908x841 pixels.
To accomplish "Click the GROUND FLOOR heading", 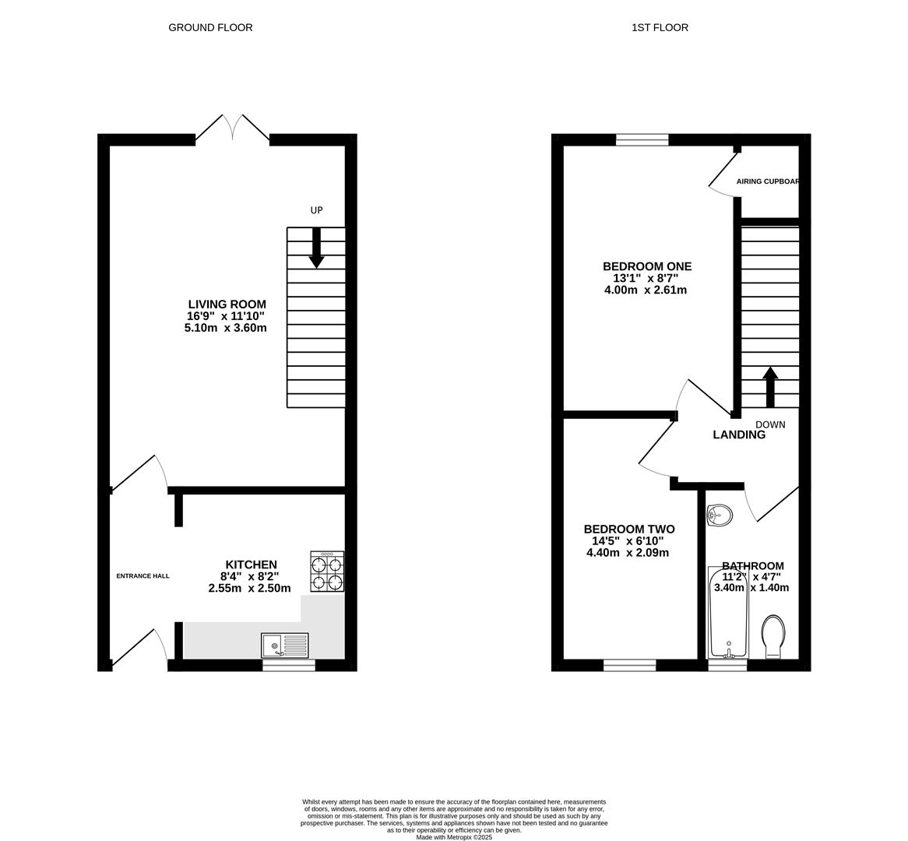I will pyautogui.click(x=210, y=27).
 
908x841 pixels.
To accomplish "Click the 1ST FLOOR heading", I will pyautogui.click(x=660, y=27).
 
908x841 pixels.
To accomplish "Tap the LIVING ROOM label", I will pyautogui.click(x=227, y=304).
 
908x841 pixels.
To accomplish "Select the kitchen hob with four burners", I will pyautogui.click(x=327, y=572).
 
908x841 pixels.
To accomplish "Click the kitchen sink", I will pyautogui.click(x=285, y=646).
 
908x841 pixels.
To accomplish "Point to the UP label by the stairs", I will pyautogui.click(x=316, y=210).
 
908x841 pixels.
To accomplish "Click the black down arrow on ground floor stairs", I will pyautogui.click(x=316, y=248).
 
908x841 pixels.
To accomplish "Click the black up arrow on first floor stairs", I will pyautogui.click(x=770, y=387).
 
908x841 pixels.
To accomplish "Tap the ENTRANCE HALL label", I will pyautogui.click(x=143, y=576).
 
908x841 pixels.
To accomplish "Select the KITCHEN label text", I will pyautogui.click(x=251, y=565).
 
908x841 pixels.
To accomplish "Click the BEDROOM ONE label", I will pyautogui.click(x=646, y=266).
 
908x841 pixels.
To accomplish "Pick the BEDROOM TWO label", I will pyautogui.click(x=629, y=530).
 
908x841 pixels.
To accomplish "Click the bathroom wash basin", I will pyautogui.click(x=720, y=515).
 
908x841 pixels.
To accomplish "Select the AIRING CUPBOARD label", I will pyautogui.click(x=768, y=181).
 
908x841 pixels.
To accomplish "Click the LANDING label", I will pyautogui.click(x=739, y=435).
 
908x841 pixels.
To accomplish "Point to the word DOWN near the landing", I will pyautogui.click(x=770, y=424).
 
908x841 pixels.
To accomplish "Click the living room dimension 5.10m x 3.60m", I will pyautogui.click(x=225, y=328).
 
